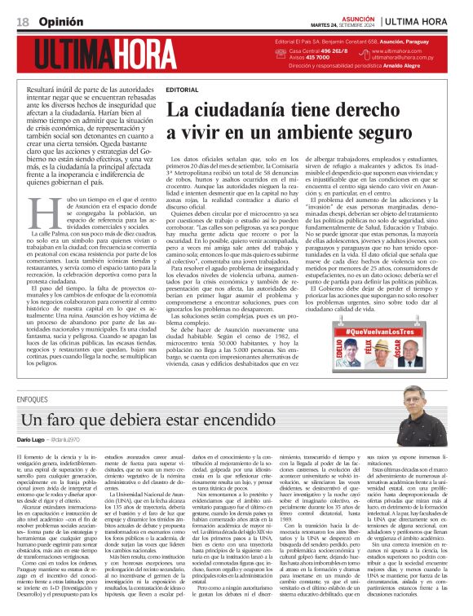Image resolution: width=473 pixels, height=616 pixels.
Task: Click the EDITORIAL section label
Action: point(181,87)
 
